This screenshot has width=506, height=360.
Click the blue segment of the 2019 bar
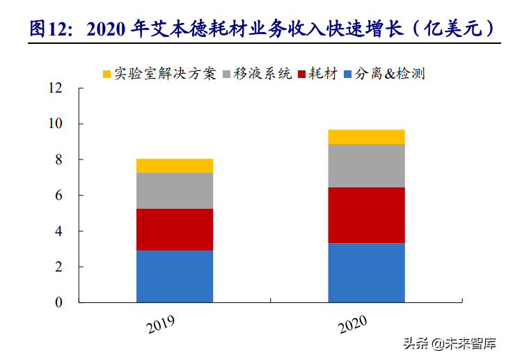tap(174, 276)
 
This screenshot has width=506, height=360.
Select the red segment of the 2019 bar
tap(174, 229)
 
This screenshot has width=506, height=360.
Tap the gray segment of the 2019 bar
tap(174, 190)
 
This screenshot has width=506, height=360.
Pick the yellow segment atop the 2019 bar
tap(174, 165)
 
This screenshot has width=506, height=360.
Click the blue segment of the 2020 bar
tap(366, 272)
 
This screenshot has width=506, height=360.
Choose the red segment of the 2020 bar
tap(366, 215)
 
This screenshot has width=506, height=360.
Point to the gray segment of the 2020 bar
tap(366, 165)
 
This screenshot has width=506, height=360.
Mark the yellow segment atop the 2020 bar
tap(366, 136)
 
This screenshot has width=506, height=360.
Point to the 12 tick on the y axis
tap(56, 88)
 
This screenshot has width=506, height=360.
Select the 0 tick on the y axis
tap(58, 303)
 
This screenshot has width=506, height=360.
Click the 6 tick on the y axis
tap(58, 196)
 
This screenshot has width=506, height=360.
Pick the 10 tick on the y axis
tap(56, 124)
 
